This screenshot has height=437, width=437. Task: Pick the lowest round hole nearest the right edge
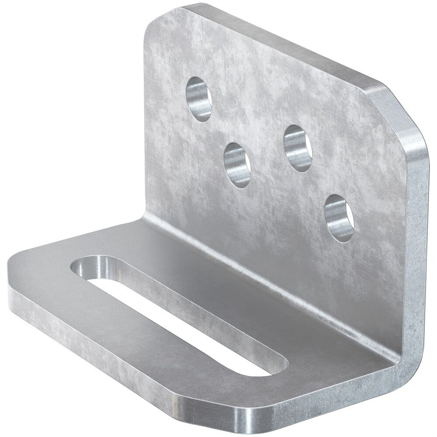[338, 217]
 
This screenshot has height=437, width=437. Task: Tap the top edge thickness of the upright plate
[280, 44]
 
